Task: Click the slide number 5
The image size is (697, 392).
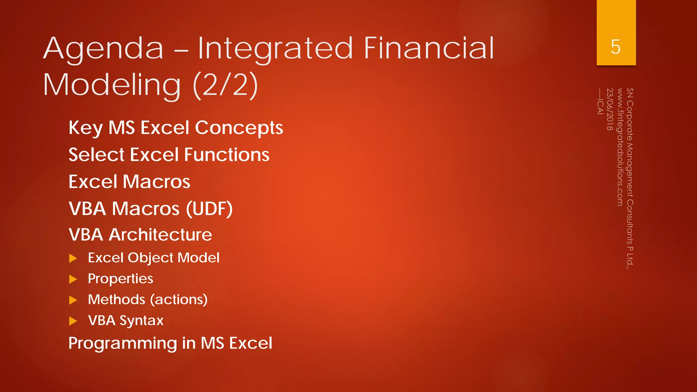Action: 616,47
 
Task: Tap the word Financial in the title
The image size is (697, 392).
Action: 429,48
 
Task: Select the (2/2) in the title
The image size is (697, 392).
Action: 225,85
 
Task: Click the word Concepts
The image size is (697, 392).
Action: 239,128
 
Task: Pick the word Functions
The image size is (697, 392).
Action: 227,155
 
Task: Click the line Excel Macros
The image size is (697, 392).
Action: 129,182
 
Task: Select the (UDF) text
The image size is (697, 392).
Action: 209,209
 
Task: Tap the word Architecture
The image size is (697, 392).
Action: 160,235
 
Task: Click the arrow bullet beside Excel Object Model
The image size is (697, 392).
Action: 73,258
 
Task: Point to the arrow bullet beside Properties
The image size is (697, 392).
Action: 73,279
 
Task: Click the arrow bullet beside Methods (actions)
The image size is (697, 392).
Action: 73,300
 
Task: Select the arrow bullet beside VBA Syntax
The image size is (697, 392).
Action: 73,321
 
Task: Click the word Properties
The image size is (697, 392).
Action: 120,279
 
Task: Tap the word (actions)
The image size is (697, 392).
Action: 179,300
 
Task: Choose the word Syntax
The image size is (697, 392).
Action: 142,321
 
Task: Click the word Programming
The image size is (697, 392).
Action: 123,343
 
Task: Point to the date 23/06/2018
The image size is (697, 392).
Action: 610,109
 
